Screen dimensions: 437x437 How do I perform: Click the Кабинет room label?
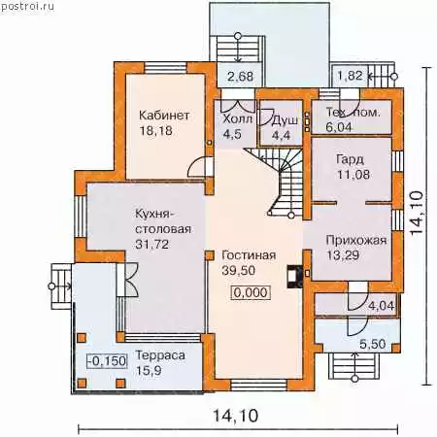(164, 116)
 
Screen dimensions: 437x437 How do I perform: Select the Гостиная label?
(249, 255)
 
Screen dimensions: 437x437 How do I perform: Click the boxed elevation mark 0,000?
(251, 293)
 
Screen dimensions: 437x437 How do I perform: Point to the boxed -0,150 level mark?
(107, 361)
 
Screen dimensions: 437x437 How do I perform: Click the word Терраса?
(160, 355)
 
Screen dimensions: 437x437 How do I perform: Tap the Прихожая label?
(356, 240)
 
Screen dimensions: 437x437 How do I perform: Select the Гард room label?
(350, 159)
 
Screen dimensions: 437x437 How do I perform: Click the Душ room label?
(285, 120)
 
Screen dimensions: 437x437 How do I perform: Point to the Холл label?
(237, 119)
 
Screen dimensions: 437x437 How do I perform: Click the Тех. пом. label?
(353, 113)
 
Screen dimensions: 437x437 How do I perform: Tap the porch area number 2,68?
(240, 77)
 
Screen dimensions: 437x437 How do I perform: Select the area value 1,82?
(350, 76)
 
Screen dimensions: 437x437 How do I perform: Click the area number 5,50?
(373, 344)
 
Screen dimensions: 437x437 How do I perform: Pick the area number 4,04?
(382, 306)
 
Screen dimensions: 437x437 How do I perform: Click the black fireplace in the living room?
(294, 277)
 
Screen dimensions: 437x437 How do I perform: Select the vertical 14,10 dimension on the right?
(417, 213)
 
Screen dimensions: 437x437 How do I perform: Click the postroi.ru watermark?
(27, 7)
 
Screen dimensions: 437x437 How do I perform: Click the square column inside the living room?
(210, 255)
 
